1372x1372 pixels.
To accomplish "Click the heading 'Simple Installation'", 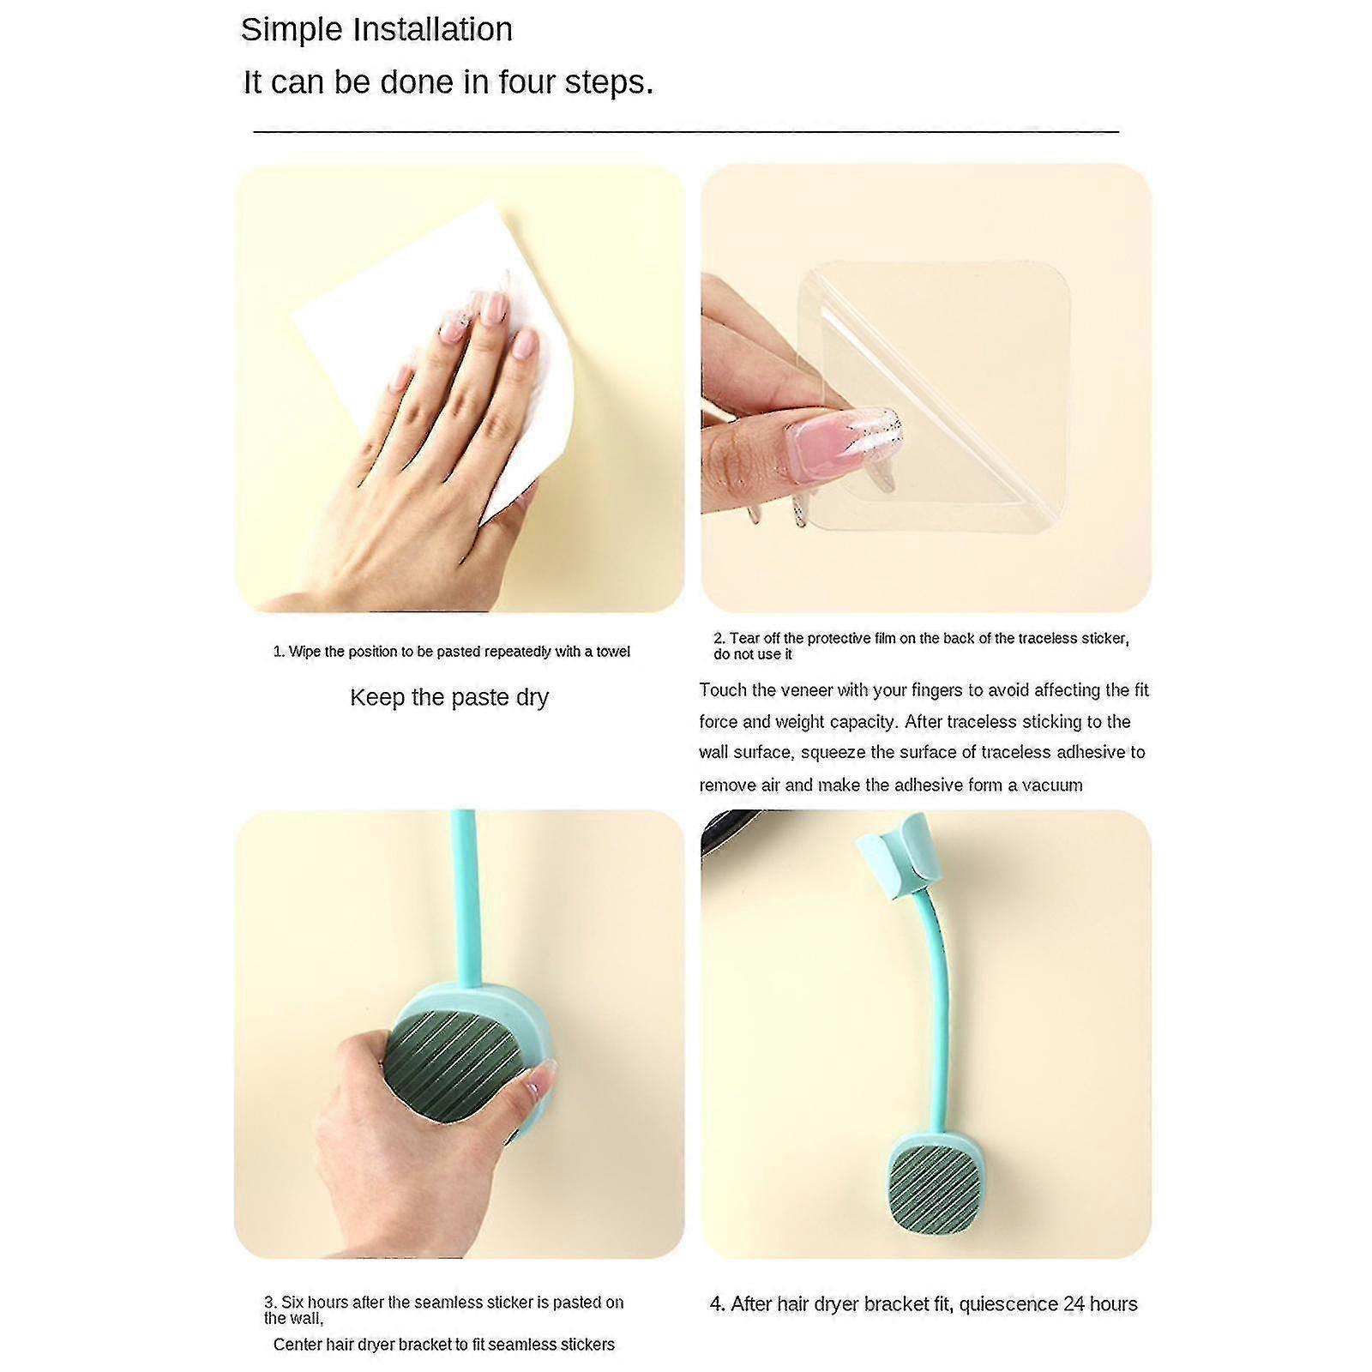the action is tap(376, 30).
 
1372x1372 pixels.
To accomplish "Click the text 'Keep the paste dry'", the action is tap(449, 697).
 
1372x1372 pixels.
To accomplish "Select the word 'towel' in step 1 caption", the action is tap(613, 652).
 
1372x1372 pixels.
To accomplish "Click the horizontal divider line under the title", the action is tap(686, 131).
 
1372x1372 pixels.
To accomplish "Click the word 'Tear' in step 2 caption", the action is tap(743, 638).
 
